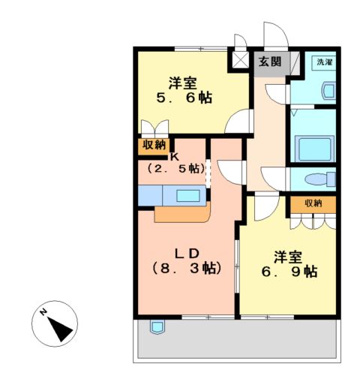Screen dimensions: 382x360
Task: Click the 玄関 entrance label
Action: click(271, 62)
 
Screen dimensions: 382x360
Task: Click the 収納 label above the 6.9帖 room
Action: click(313, 203)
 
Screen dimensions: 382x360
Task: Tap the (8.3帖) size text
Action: click(186, 268)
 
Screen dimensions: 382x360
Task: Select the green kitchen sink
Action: click(188, 196)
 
